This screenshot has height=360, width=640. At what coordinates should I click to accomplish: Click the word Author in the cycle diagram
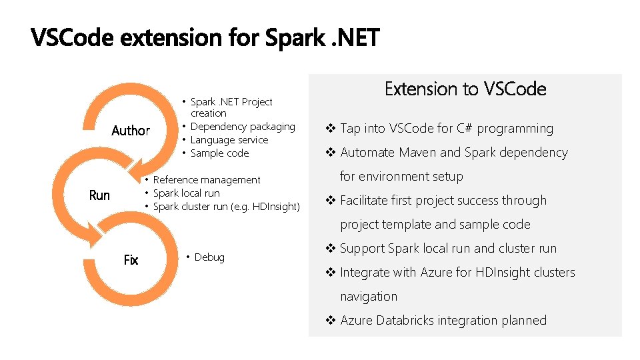pyautogui.click(x=131, y=131)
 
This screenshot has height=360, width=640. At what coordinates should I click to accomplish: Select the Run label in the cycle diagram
pyautogui.click(x=99, y=195)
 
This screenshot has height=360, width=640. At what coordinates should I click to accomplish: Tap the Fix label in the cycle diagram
pyautogui.click(x=131, y=260)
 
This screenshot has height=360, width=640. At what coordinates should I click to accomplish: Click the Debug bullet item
pyautogui.click(x=209, y=257)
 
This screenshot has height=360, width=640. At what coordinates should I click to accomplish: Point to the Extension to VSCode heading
pyautogui.click(x=465, y=89)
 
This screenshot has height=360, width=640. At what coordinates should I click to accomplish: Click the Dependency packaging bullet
pyautogui.click(x=243, y=127)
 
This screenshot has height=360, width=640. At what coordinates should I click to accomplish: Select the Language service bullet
pyautogui.click(x=229, y=140)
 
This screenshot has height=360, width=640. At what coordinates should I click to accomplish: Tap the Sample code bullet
pyautogui.click(x=219, y=153)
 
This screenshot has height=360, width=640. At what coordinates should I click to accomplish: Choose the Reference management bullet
pyautogui.click(x=207, y=180)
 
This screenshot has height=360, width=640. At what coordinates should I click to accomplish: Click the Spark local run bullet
pyautogui.click(x=186, y=193)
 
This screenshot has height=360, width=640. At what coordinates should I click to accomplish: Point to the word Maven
pyautogui.click(x=417, y=153)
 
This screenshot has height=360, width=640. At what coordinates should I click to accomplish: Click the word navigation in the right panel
pyautogui.click(x=369, y=297)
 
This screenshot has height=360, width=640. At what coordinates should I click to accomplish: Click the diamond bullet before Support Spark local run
pyautogui.click(x=330, y=249)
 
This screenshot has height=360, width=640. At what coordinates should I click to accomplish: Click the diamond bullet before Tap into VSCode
pyautogui.click(x=330, y=129)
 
